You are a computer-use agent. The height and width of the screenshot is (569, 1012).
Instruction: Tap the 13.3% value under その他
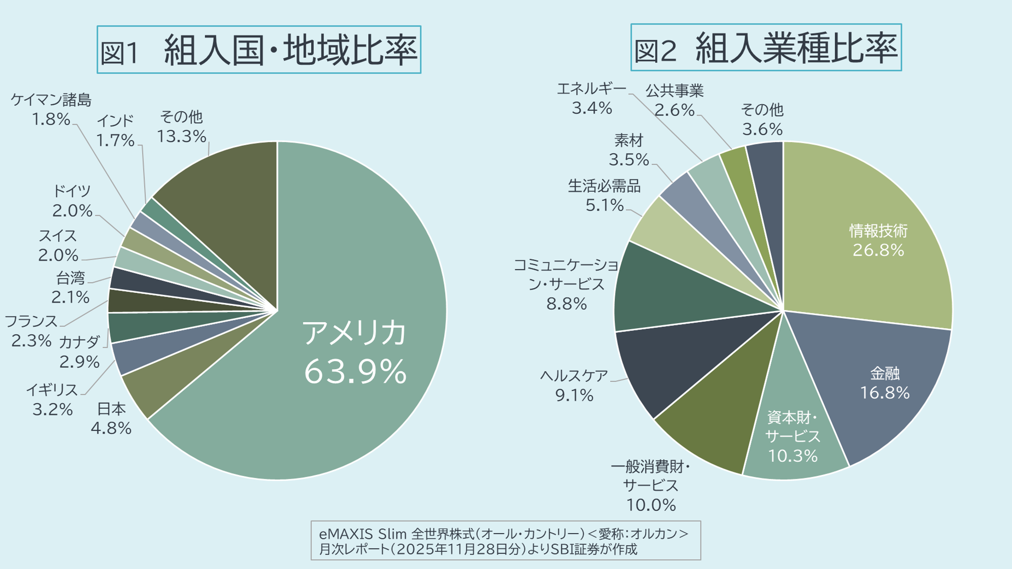pos(181,136)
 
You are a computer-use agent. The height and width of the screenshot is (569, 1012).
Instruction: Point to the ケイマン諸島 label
pos(51,100)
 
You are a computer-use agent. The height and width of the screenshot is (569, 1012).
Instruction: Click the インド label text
pos(115,121)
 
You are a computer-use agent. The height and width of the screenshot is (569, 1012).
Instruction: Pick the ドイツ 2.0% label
pos(72,201)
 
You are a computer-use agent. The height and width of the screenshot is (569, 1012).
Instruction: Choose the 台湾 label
pos(71,278)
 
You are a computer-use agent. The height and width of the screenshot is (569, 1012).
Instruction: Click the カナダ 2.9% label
pos(79,352)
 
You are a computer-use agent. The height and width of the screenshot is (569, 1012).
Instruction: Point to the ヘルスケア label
pos(574,376)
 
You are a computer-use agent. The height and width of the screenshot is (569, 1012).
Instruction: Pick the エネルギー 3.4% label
pos(591,98)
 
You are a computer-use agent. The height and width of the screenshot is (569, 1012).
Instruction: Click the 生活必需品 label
pos(604,186)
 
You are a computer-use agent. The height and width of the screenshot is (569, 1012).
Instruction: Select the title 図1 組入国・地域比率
pos(259,50)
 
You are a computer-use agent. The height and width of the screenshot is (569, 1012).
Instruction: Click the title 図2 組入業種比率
pos(766,47)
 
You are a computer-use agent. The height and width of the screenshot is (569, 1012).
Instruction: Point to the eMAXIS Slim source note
pos(506,540)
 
